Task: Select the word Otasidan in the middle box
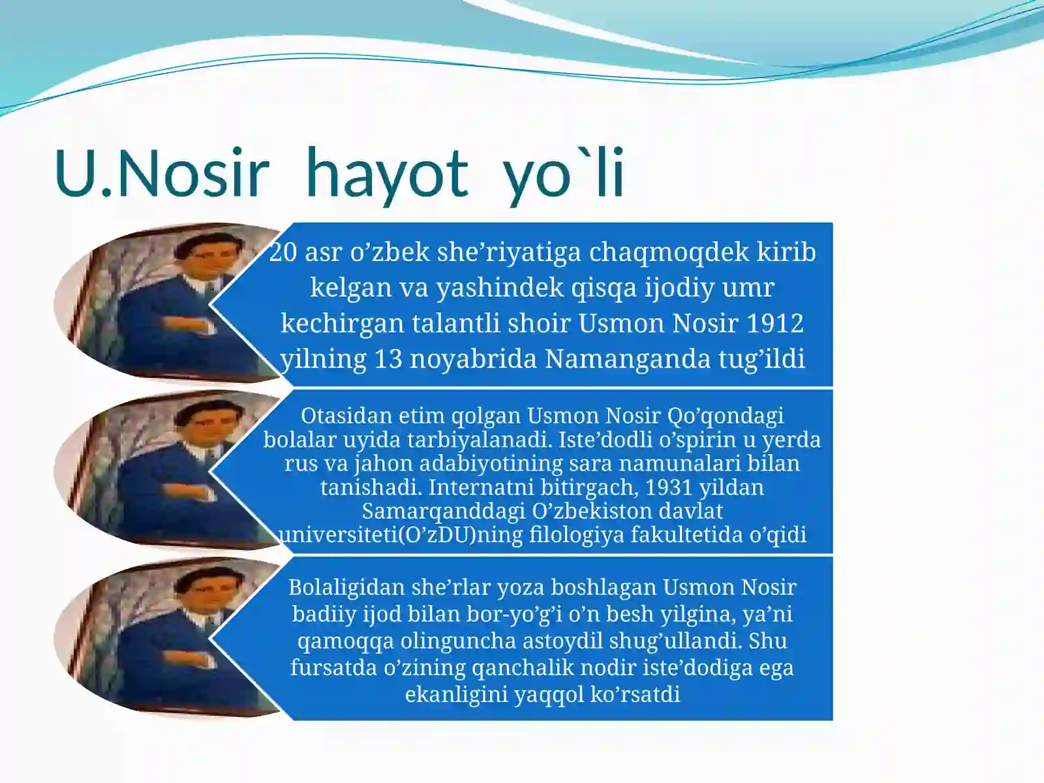pyautogui.click(x=346, y=416)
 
